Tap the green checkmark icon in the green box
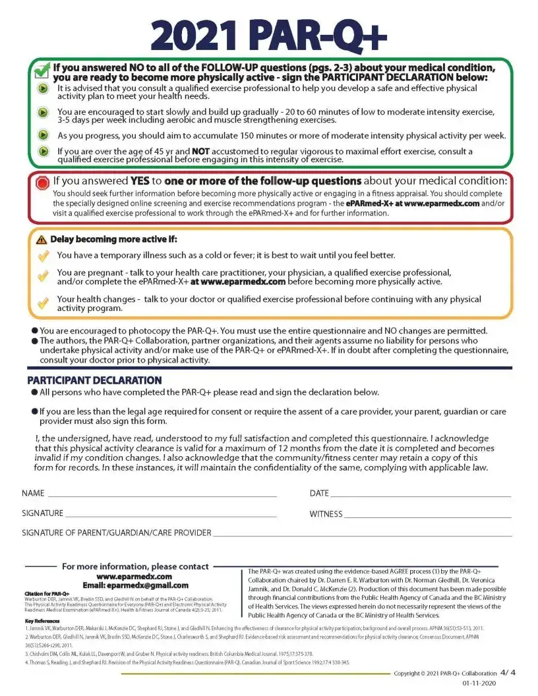(x=41, y=69)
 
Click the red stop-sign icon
(x=43, y=182)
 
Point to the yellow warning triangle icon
(x=42, y=239)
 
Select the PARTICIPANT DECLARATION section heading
(x=94, y=380)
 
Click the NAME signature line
(x=162, y=494)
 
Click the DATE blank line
(x=421, y=494)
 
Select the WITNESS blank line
(x=428, y=514)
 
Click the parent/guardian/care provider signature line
(x=362, y=533)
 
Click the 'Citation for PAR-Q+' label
(x=42, y=593)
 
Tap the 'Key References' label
(x=42, y=621)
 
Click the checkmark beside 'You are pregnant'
(x=43, y=276)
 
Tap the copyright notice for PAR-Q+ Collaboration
(x=444, y=674)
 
